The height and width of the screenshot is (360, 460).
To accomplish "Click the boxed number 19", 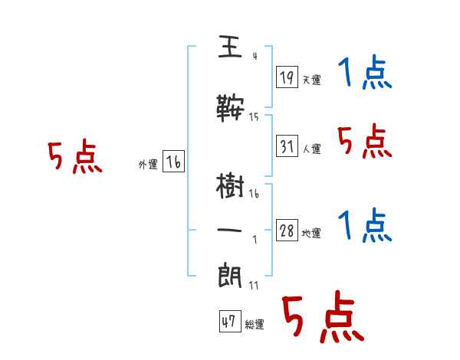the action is click(287, 77).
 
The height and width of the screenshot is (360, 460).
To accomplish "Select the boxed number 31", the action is click(287, 146).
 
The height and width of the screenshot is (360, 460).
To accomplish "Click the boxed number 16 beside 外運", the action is click(174, 162).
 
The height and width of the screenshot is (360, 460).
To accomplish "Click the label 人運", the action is click(311, 149).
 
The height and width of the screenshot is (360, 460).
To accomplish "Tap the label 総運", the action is click(255, 325).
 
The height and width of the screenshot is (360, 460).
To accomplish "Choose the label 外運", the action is click(148, 164).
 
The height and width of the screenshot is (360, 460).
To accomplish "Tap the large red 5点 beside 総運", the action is click(322, 318).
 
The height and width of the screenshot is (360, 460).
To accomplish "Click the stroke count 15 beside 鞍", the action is click(254, 117).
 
